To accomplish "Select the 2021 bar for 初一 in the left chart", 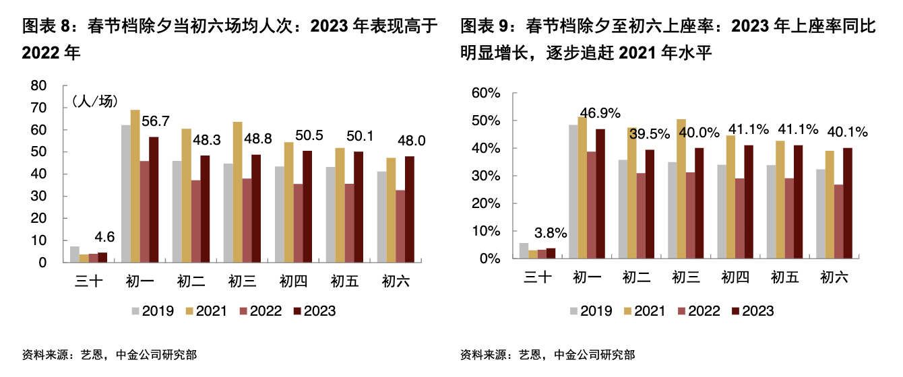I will tap(135, 186).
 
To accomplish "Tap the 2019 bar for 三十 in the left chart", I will tap(75, 254).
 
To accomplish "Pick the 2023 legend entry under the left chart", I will tap(314, 310).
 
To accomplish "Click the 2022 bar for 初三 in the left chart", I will tap(247, 220).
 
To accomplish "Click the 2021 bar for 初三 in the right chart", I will tap(681, 188).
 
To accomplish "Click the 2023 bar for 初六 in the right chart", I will tap(847, 203).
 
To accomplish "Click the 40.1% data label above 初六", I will tap(847, 132).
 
